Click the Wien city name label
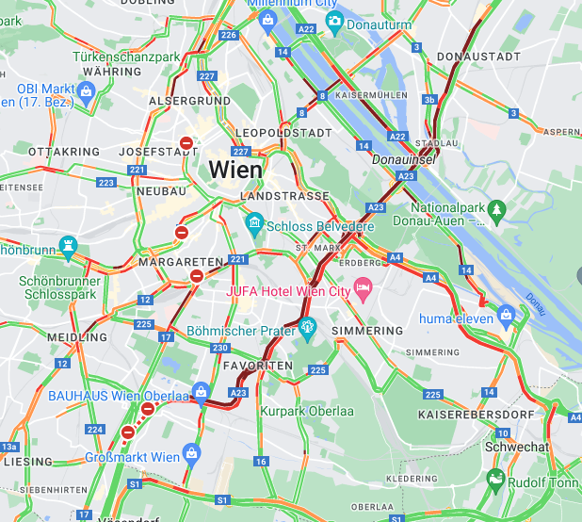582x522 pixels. click(x=235, y=170)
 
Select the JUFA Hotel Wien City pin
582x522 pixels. click(x=364, y=285)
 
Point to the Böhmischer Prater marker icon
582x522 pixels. click(x=307, y=326)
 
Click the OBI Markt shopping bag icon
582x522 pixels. click(x=86, y=90)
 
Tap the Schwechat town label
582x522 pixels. click(x=515, y=447)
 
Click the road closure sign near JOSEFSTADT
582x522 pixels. click(x=186, y=144)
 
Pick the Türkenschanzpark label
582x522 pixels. click(x=126, y=57)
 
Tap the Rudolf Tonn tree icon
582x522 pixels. click(x=495, y=482)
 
